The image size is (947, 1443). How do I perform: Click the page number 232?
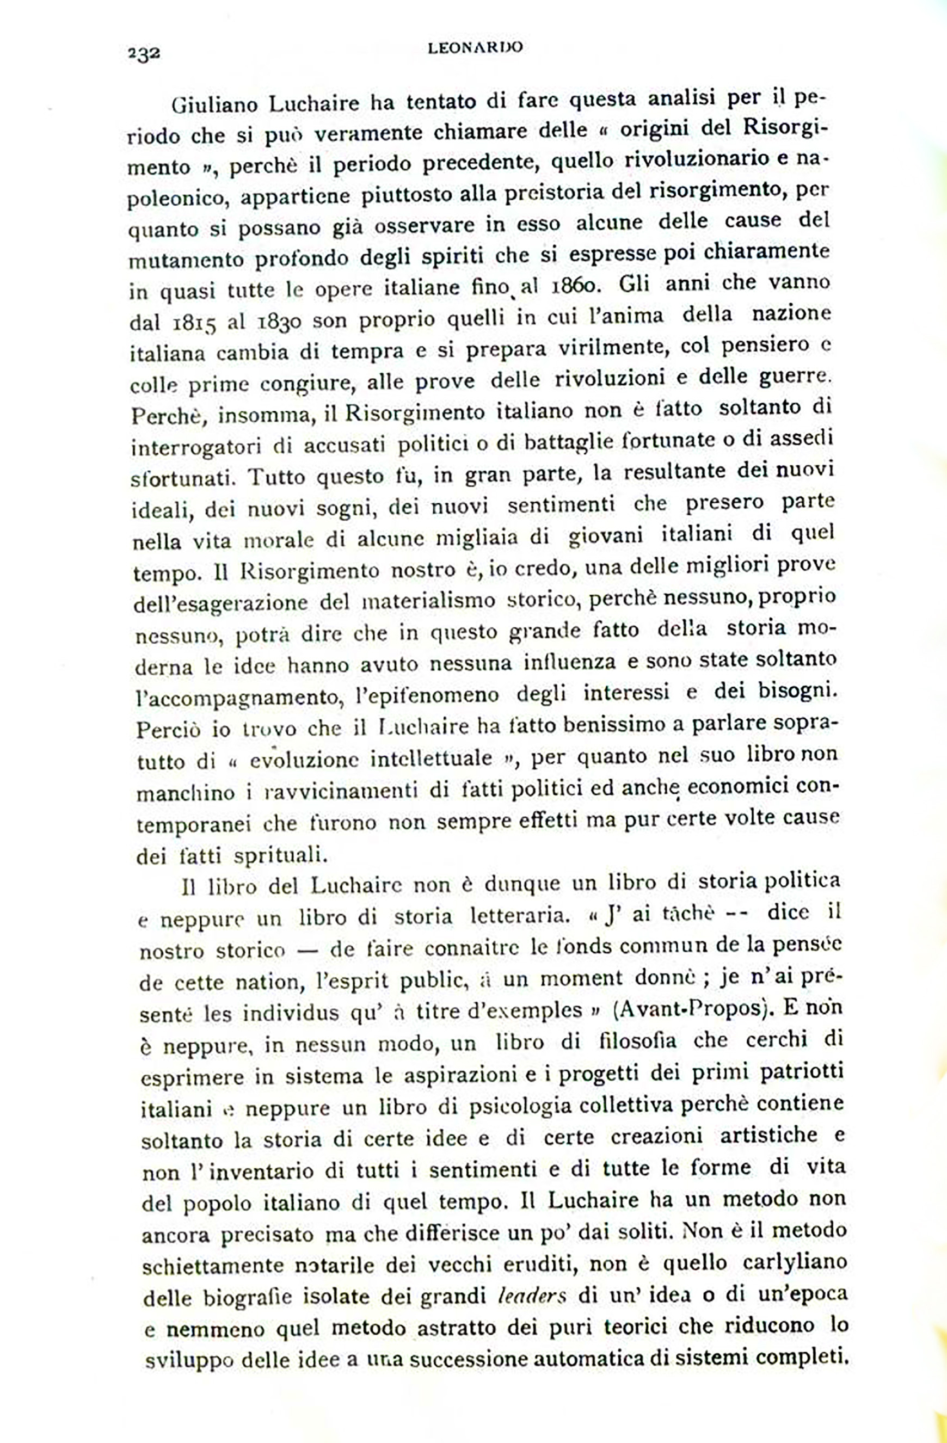coord(144,53)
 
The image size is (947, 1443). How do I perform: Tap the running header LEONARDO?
coord(475,48)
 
